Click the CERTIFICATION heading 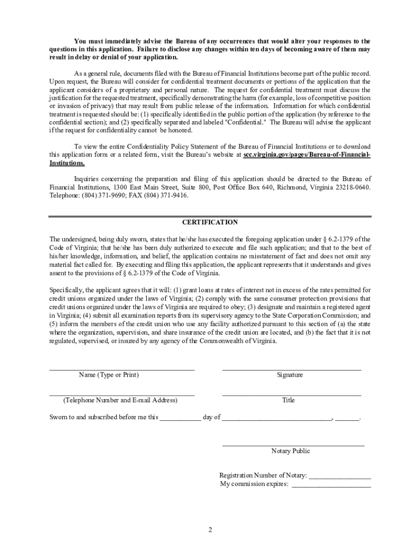[210, 222]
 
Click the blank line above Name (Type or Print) [122, 370]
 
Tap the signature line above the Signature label [291, 370]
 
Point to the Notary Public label [290, 451]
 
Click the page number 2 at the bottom [209, 530]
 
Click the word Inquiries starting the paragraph [88, 179]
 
